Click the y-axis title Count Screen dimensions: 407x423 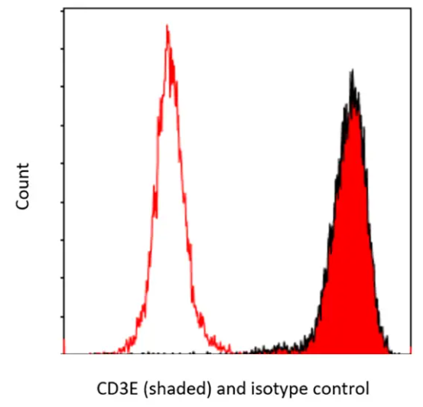(24, 187)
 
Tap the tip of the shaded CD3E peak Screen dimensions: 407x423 (352, 73)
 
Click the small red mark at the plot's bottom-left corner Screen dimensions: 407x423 (62, 347)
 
